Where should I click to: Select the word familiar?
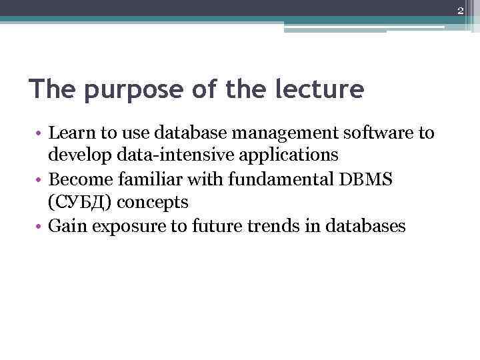(x=144, y=179)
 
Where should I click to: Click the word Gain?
(x=65, y=225)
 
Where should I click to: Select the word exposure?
(x=123, y=226)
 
